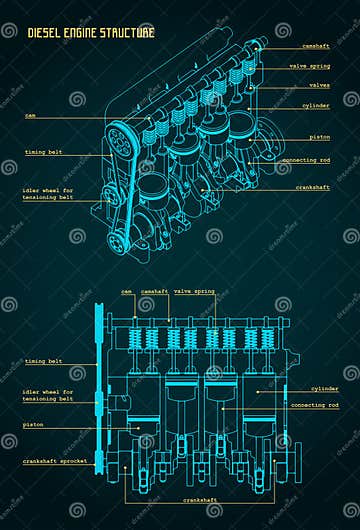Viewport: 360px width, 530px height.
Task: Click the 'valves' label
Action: click(319, 85)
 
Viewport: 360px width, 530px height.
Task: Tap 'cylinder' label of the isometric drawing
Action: click(317, 105)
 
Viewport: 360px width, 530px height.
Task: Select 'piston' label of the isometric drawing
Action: click(320, 137)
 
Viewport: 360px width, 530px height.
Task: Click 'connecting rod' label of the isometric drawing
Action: click(306, 160)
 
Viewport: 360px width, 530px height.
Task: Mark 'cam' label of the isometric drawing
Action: click(32, 114)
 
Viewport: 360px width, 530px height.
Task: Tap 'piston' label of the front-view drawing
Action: click(35, 424)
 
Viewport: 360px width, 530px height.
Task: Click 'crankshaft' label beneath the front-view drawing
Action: click(199, 499)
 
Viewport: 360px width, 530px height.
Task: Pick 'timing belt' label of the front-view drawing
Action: click(43, 361)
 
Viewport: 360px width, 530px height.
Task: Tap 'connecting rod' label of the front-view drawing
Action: click(314, 405)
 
